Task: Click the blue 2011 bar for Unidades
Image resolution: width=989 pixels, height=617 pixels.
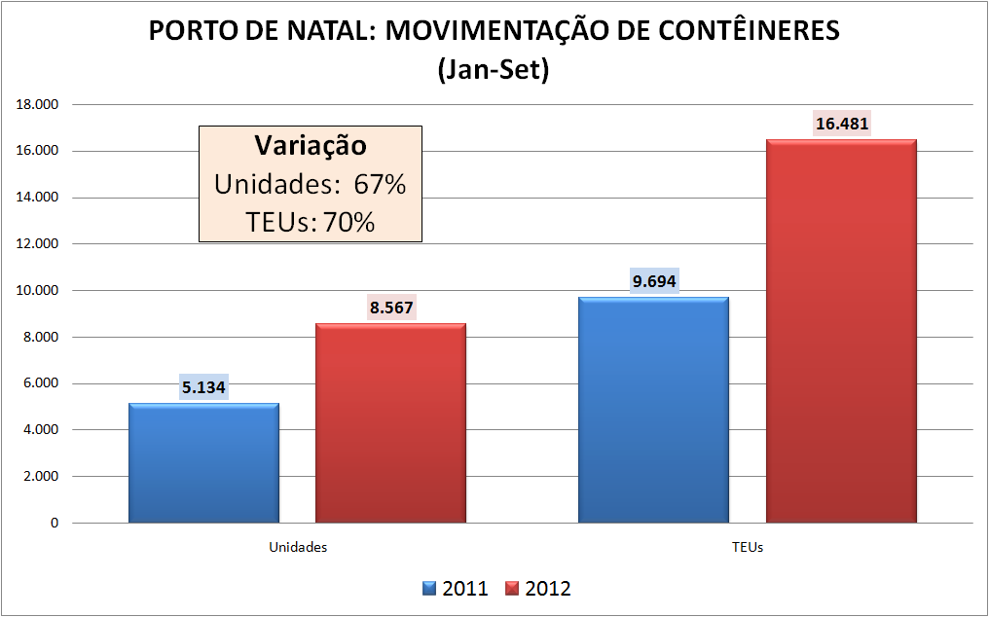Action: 203,463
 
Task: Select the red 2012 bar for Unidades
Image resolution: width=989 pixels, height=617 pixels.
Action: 390,423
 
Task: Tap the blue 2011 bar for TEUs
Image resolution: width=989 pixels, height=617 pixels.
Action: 653,410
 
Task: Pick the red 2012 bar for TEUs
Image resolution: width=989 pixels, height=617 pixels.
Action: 841,331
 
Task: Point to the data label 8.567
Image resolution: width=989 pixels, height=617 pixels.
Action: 391,308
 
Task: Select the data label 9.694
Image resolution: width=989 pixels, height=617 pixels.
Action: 654,282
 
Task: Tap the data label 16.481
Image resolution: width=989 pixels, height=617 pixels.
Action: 842,124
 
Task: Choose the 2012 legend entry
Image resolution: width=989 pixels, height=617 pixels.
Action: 538,589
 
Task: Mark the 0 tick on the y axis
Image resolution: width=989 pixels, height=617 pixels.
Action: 54,523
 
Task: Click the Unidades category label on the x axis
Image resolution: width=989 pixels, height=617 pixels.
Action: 298,547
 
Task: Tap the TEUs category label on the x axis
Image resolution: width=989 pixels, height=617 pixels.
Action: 748,547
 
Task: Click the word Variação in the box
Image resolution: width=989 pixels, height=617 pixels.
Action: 311,146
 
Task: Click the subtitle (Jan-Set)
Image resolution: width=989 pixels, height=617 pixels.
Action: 494,70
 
